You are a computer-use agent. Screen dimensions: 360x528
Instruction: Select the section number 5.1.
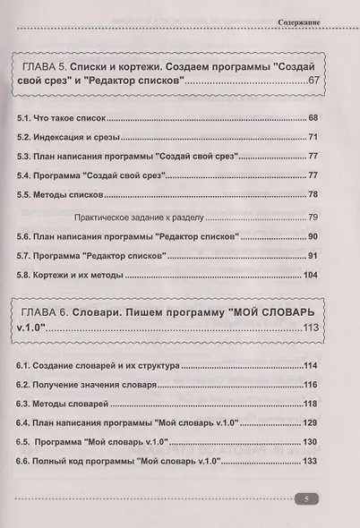pos(25,119)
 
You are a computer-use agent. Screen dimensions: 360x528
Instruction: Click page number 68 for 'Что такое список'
pos(313,119)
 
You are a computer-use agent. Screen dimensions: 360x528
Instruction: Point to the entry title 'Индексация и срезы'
pos(79,139)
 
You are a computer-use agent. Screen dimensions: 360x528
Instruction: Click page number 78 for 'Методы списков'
pos(313,195)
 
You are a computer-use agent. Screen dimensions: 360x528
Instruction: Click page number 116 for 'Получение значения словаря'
pos(312,385)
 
